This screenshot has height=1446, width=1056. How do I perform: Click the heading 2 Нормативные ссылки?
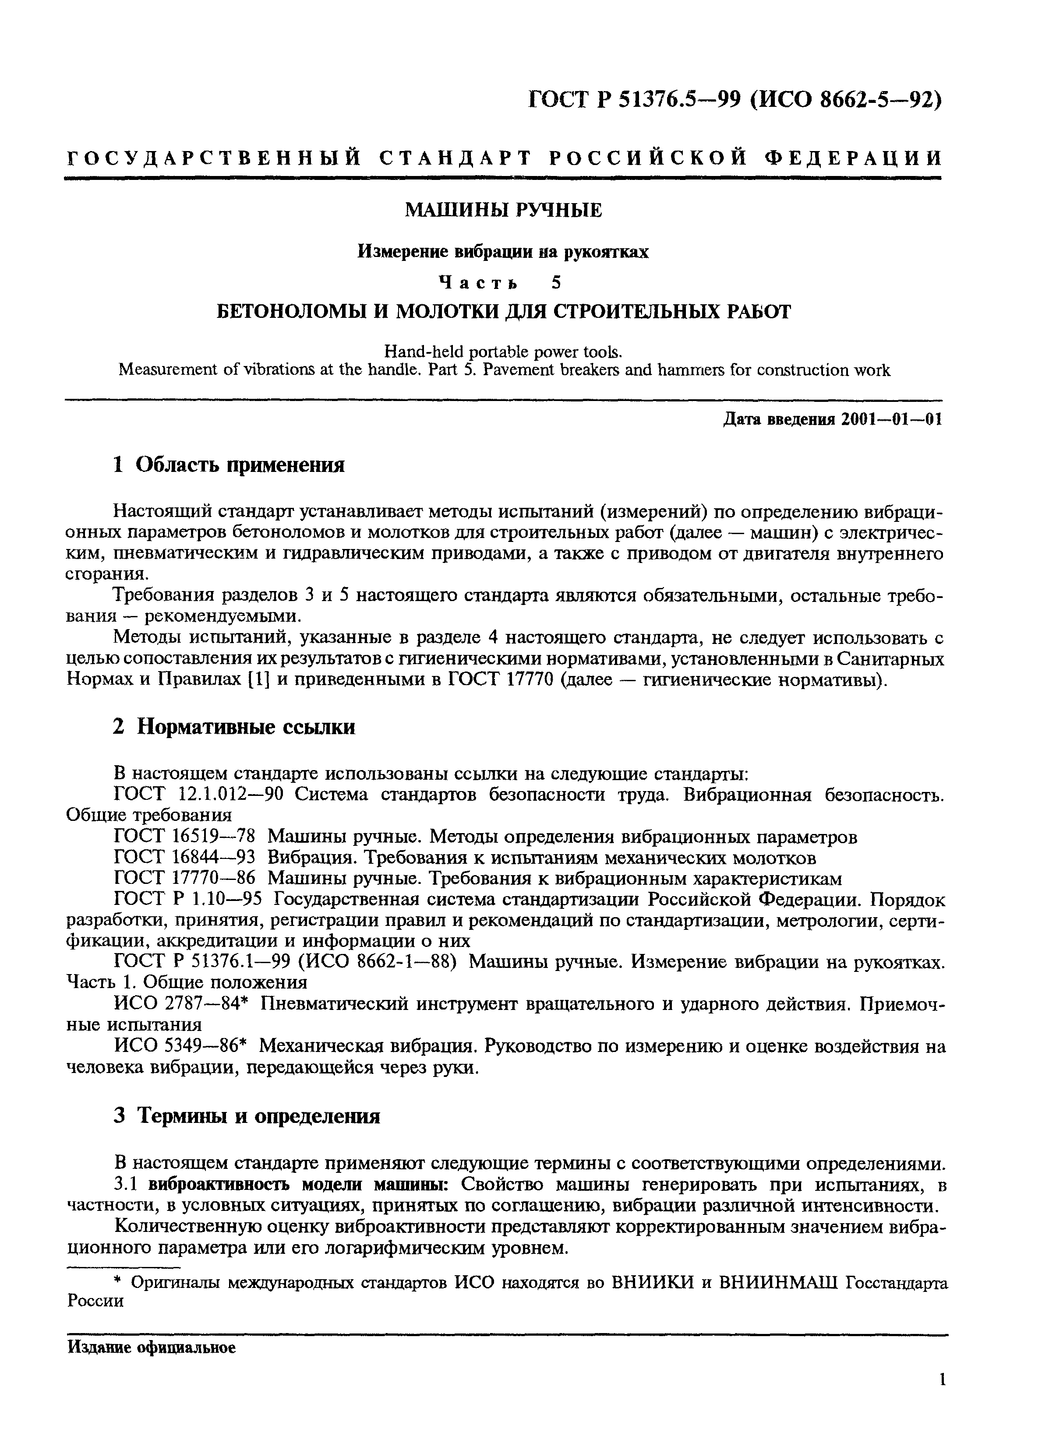(234, 727)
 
